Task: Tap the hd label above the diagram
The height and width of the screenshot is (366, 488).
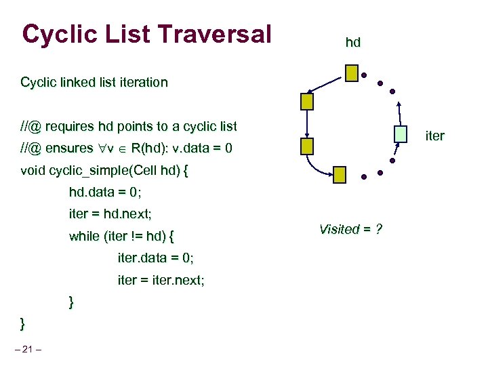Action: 352,43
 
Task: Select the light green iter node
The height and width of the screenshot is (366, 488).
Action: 401,134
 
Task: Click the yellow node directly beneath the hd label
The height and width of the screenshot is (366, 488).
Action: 352,73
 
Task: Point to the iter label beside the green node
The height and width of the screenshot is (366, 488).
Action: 434,136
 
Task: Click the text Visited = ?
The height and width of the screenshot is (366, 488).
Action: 350,229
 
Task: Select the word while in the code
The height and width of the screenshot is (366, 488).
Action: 84,237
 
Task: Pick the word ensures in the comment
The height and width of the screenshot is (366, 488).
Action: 70,148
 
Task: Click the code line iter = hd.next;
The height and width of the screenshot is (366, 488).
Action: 110,213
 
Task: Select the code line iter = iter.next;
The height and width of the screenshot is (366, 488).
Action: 161,280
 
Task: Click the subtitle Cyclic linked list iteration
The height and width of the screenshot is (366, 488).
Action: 94,83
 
